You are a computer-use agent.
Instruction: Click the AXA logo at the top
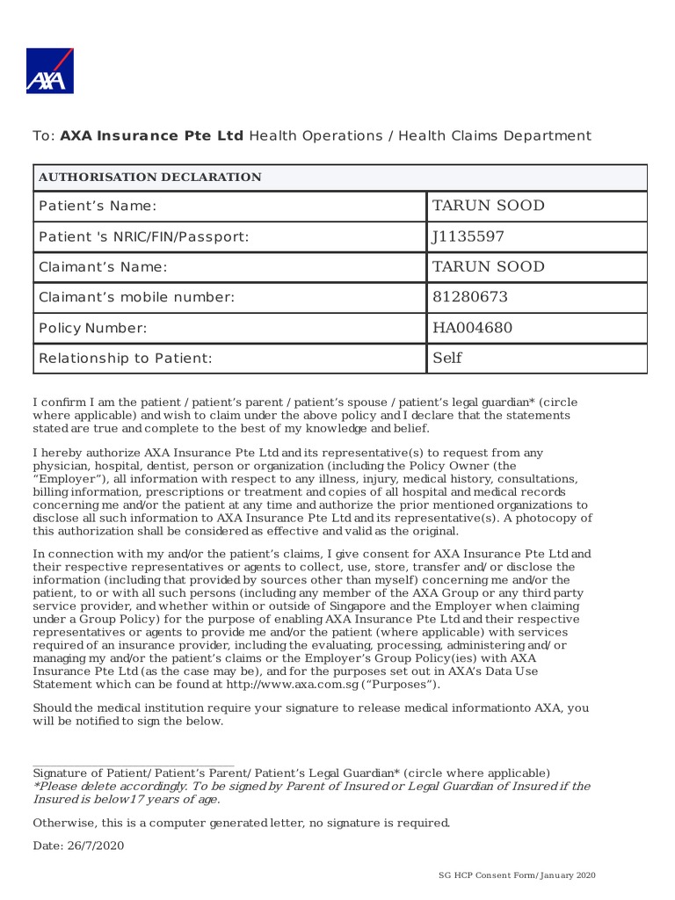point(50,71)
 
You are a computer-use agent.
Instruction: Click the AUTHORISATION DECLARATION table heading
point(149,178)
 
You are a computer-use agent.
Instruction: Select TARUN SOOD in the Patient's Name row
point(488,206)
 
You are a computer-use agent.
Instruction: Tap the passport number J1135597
point(468,236)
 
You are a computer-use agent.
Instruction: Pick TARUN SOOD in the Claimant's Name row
point(488,266)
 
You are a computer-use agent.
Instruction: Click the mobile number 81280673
point(469,297)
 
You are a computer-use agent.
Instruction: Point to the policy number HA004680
point(472,328)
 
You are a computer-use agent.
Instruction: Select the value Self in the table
point(446,358)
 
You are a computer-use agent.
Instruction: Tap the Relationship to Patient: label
point(126,359)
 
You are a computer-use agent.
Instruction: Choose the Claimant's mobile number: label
point(137,297)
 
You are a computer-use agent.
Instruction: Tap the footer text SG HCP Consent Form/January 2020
point(518,876)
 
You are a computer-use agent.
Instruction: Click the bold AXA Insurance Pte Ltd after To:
point(152,136)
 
